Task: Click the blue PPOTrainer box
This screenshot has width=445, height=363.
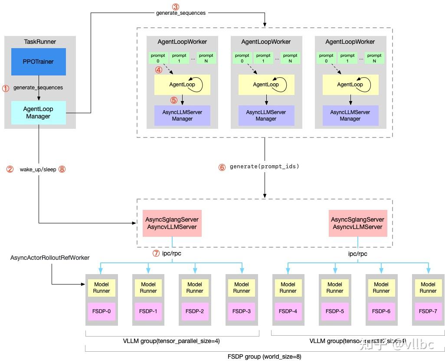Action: click(38, 62)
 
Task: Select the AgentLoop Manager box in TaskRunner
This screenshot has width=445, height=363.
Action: click(38, 113)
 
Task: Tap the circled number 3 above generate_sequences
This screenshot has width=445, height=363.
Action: click(175, 7)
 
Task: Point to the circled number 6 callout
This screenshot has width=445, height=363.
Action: click(222, 167)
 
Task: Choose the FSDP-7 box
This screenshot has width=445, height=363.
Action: click(428, 311)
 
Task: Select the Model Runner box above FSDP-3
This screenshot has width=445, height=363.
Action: click(241, 288)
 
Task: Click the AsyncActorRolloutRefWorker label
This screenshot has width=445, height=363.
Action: click(50, 258)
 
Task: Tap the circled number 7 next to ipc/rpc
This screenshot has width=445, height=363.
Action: click(156, 254)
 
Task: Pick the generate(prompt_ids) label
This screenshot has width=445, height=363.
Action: click(265, 167)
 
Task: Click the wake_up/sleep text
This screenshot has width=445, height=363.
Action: click(38, 170)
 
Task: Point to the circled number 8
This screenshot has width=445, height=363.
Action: click(62, 169)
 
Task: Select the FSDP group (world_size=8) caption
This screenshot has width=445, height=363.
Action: click(264, 356)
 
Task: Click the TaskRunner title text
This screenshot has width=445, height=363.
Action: click(40, 42)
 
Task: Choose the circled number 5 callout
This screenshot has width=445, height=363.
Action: click(174, 100)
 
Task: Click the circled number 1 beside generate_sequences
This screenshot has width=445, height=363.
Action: click(6, 88)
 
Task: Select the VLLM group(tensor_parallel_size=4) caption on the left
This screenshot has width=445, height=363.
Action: click(172, 341)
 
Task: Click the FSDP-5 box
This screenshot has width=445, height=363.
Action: click(334, 311)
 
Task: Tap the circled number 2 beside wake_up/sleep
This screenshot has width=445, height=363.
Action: click(10, 169)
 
